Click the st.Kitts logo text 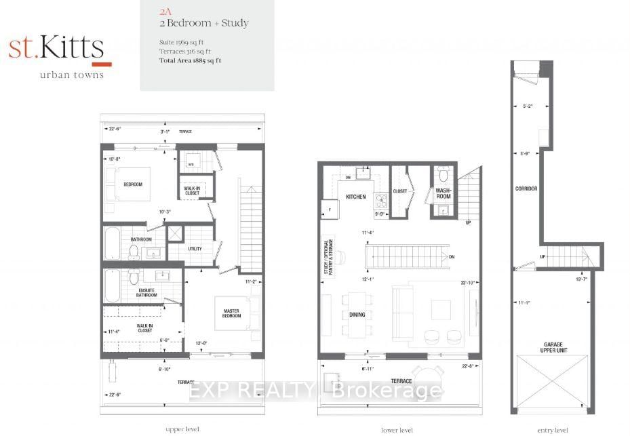pos(56,48)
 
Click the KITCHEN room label pos(355,197)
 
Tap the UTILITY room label pos(195,249)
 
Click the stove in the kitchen pos(381,199)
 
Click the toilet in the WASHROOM pos(444,172)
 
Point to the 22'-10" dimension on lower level pos(466,283)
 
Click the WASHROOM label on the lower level pos(444,194)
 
